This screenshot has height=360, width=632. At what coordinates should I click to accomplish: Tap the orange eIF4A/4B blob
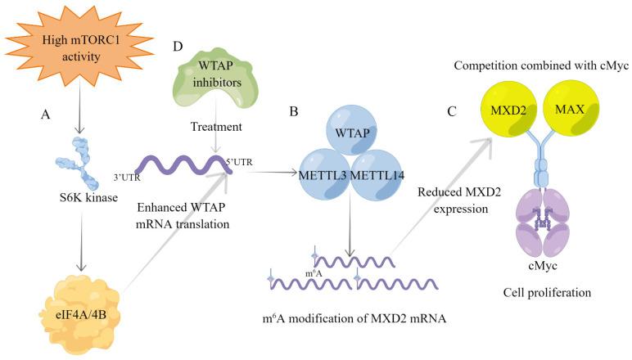coord(79,312)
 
